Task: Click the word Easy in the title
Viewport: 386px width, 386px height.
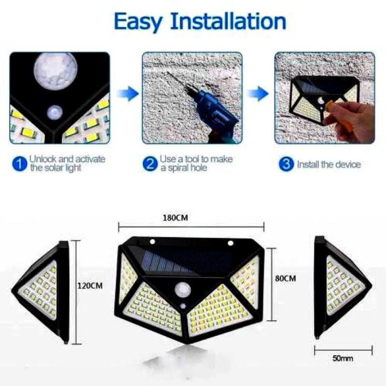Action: (138, 22)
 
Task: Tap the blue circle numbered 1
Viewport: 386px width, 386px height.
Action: (20, 164)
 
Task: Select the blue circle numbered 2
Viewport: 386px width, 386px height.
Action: (150, 164)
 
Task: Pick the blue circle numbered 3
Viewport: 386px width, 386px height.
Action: (286, 164)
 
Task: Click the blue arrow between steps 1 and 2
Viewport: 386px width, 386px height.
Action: (127, 94)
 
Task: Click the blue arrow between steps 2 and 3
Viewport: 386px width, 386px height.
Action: (258, 94)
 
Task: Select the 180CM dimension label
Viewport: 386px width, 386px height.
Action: (175, 218)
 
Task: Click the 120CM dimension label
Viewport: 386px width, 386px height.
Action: (90, 286)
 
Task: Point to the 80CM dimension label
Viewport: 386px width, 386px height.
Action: (285, 278)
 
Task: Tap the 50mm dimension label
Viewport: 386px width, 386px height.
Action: (343, 358)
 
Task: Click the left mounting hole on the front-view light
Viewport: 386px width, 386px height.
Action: (152, 241)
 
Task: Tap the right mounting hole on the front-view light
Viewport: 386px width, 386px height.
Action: (231, 243)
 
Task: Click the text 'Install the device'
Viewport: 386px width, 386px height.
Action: (329, 164)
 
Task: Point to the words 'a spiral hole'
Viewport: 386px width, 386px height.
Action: (184, 168)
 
